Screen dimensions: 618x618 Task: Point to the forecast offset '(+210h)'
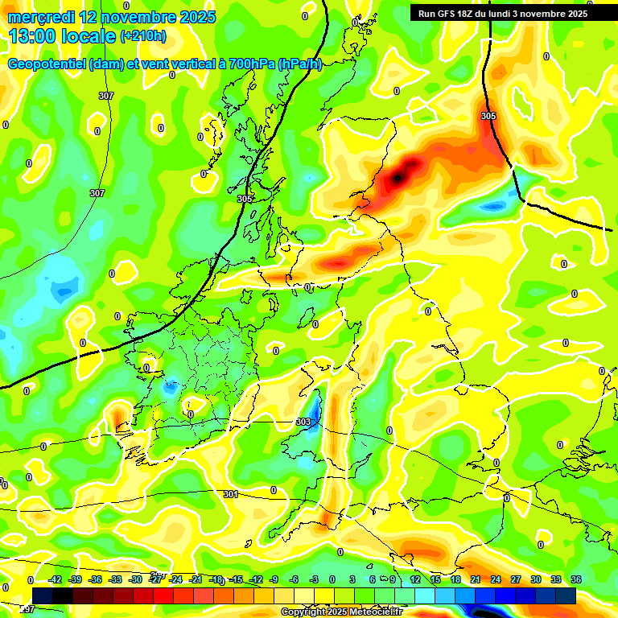coord(143,36)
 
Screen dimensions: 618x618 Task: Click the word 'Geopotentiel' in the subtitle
coord(47,64)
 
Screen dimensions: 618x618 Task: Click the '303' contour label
coord(303,422)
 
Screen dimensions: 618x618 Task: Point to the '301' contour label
coord(231,494)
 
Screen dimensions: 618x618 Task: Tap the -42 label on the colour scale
coord(55,579)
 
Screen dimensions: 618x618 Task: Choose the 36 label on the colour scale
coord(575,579)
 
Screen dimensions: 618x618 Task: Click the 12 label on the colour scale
coord(415,579)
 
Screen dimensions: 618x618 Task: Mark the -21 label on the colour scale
coord(196,579)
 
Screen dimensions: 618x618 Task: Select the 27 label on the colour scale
coord(515,579)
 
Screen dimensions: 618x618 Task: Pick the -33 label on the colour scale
coord(115,579)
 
